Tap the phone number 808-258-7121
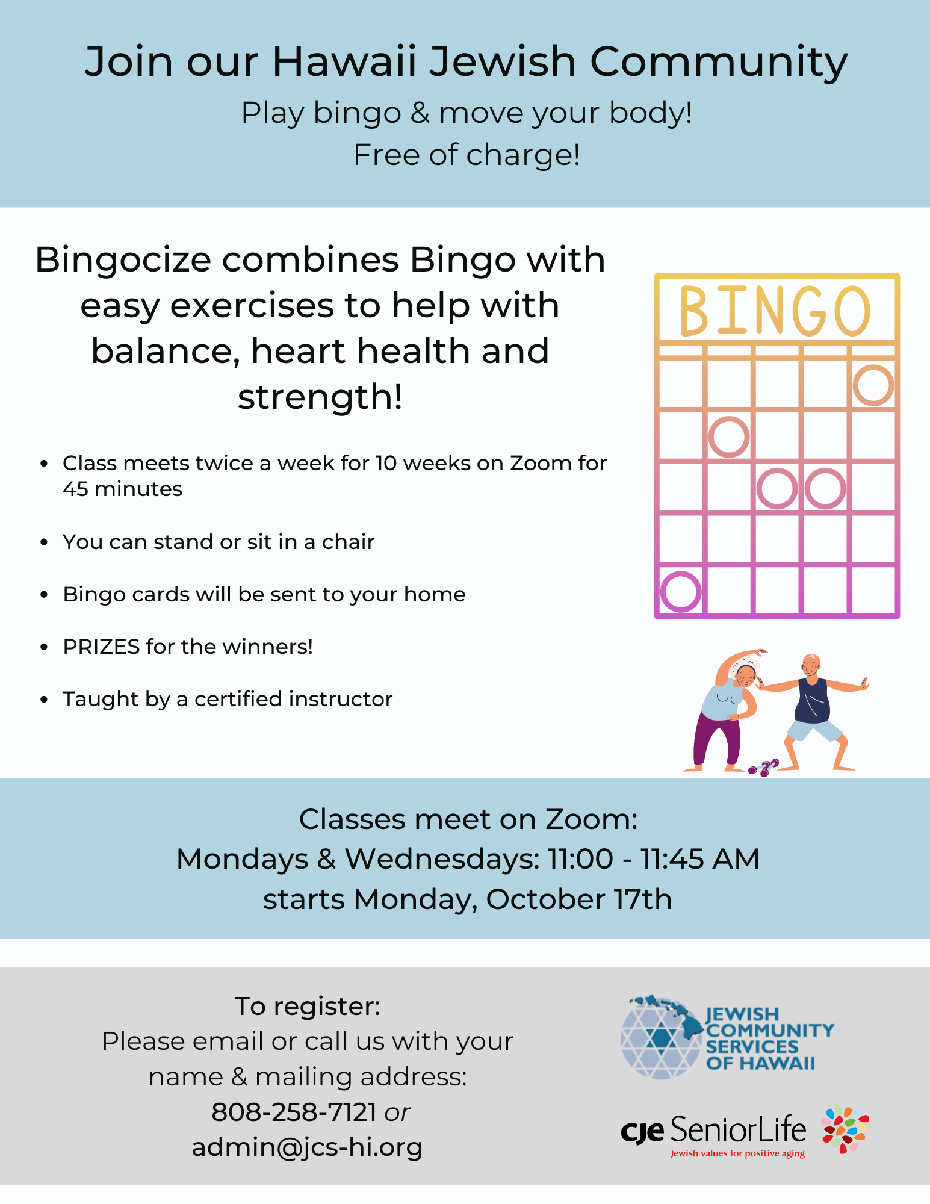pyautogui.click(x=294, y=1112)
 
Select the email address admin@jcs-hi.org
pyautogui.click(x=307, y=1147)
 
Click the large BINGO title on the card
pyautogui.click(x=775, y=311)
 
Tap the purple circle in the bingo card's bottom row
pyautogui.click(x=681, y=591)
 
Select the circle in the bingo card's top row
pyautogui.click(x=873, y=385)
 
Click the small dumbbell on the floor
pyautogui.click(x=763, y=768)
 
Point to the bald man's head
pyautogui.click(x=811, y=664)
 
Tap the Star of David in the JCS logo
pyautogui.click(x=661, y=1037)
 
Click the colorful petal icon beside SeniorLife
pyautogui.click(x=846, y=1129)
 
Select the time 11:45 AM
pyautogui.click(x=699, y=859)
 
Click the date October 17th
pyautogui.click(x=578, y=899)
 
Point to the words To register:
pyautogui.click(x=308, y=1006)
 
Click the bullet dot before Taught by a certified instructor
pyautogui.click(x=43, y=700)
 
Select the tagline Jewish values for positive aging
pyautogui.click(x=737, y=1153)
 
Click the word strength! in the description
pyautogui.click(x=320, y=397)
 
